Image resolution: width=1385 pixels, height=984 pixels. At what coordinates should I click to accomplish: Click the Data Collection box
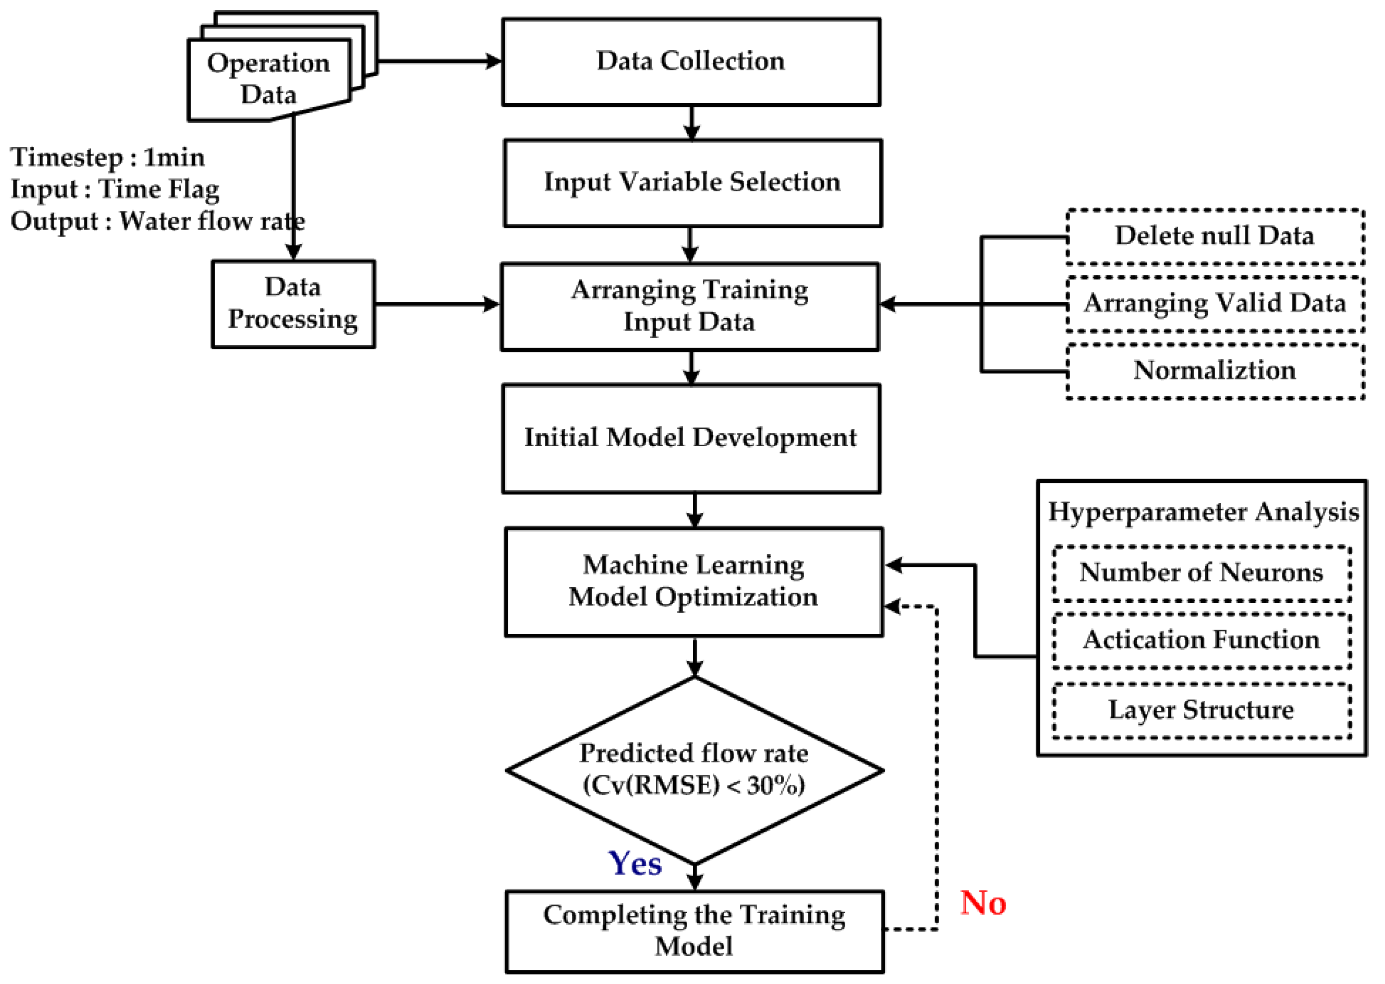pyautogui.click(x=690, y=62)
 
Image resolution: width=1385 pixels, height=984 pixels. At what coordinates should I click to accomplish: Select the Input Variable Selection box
pyautogui.click(x=692, y=183)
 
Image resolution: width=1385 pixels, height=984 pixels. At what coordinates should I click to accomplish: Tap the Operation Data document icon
pyautogui.click(x=268, y=79)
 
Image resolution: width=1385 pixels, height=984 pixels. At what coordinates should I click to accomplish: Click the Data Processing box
pyautogui.click(x=293, y=304)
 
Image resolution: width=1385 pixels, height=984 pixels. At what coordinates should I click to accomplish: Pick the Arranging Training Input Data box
pyautogui.click(x=690, y=306)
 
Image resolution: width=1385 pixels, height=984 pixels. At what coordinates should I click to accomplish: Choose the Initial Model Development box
pyautogui.click(x=690, y=438)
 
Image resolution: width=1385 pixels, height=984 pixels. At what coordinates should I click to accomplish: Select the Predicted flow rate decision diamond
pyautogui.click(x=694, y=769)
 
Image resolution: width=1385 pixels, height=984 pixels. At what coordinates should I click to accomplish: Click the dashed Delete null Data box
pyautogui.click(x=1214, y=237)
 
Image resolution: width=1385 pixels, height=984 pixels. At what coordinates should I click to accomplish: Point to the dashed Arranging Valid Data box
pyautogui.click(x=1214, y=304)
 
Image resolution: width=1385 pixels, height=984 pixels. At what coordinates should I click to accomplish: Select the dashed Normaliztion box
pyautogui.click(x=1214, y=371)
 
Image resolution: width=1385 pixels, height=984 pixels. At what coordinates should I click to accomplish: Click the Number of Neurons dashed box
pyautogui.click(x=1201, y=573)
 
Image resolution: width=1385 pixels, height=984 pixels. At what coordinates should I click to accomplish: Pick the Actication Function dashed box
pyautogui.click(x=1201, y=641)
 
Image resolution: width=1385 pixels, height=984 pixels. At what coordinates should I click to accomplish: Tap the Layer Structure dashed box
pyautogui.click(x=1201, y=710)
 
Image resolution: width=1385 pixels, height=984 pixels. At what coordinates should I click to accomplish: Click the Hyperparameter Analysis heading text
pyautogui.click(x=1203, y=512)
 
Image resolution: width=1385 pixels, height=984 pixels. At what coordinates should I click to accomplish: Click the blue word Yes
pyautogui.click(x=635, y=863)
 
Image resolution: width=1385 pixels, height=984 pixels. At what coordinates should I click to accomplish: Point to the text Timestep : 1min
pyautogui.click(x=108, y=158)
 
